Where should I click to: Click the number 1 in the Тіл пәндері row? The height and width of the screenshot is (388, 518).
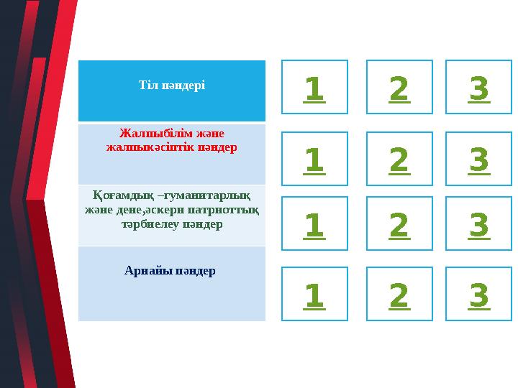[x=314, y=88]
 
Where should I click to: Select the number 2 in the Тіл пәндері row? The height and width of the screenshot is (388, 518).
[x=399, y=88]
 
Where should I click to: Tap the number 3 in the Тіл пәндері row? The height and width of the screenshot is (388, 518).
[x=478, y=88]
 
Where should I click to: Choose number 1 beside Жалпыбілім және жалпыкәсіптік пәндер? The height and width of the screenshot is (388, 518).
[x=314, y=160]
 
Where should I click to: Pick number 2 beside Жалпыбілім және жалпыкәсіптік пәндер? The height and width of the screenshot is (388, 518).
[x=399, y=160]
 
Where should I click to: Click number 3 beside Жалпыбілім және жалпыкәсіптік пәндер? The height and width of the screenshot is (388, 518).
[x=478, y=160]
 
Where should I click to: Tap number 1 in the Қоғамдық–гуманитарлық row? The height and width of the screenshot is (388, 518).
[x=314, y=224]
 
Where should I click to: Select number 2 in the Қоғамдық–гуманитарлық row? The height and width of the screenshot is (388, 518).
[x=399, y=224]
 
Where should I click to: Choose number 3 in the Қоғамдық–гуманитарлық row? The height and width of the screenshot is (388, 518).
[x=478, y=224]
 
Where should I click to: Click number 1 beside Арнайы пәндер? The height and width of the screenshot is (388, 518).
[x=314, y=295]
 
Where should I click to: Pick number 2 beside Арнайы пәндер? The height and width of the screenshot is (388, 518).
[x=399, y=295]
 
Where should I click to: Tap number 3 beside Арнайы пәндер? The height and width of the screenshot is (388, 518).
[x=478, y=295]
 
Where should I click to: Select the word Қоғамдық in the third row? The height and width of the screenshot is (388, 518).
[x=122, y=196]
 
